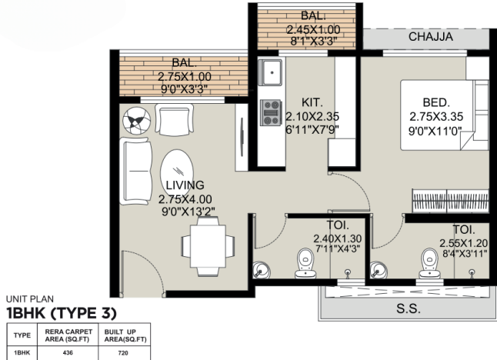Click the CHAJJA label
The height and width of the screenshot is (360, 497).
pyautogui.click(x=431, y=36)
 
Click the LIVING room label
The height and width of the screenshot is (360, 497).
pyautogui.click(x=185, y=185)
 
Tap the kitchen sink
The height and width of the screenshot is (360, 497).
pyautogui.click(x=270, y=73)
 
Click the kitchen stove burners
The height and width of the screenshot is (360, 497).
pyautogui.click(x=271, y=112)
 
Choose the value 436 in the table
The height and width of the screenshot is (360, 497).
pyautogui.click(x=68, y=353)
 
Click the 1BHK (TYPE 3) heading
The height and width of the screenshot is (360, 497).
pyautogui.click(x=61, y=312)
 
